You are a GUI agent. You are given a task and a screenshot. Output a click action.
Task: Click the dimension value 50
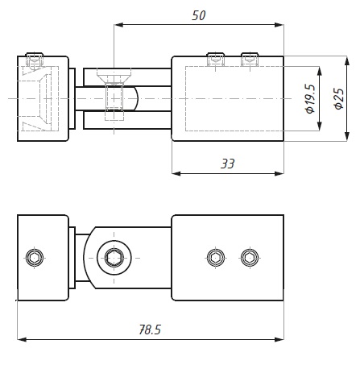tap(200, 15)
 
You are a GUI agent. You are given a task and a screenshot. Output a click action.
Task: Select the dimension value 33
tap(228, 164)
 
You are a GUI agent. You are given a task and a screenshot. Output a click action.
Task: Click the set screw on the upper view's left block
tap(34, 59)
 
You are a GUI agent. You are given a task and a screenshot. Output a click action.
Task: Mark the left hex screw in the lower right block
tap(215, 258)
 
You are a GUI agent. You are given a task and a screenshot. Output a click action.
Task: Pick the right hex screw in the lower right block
tap(250, 258)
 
